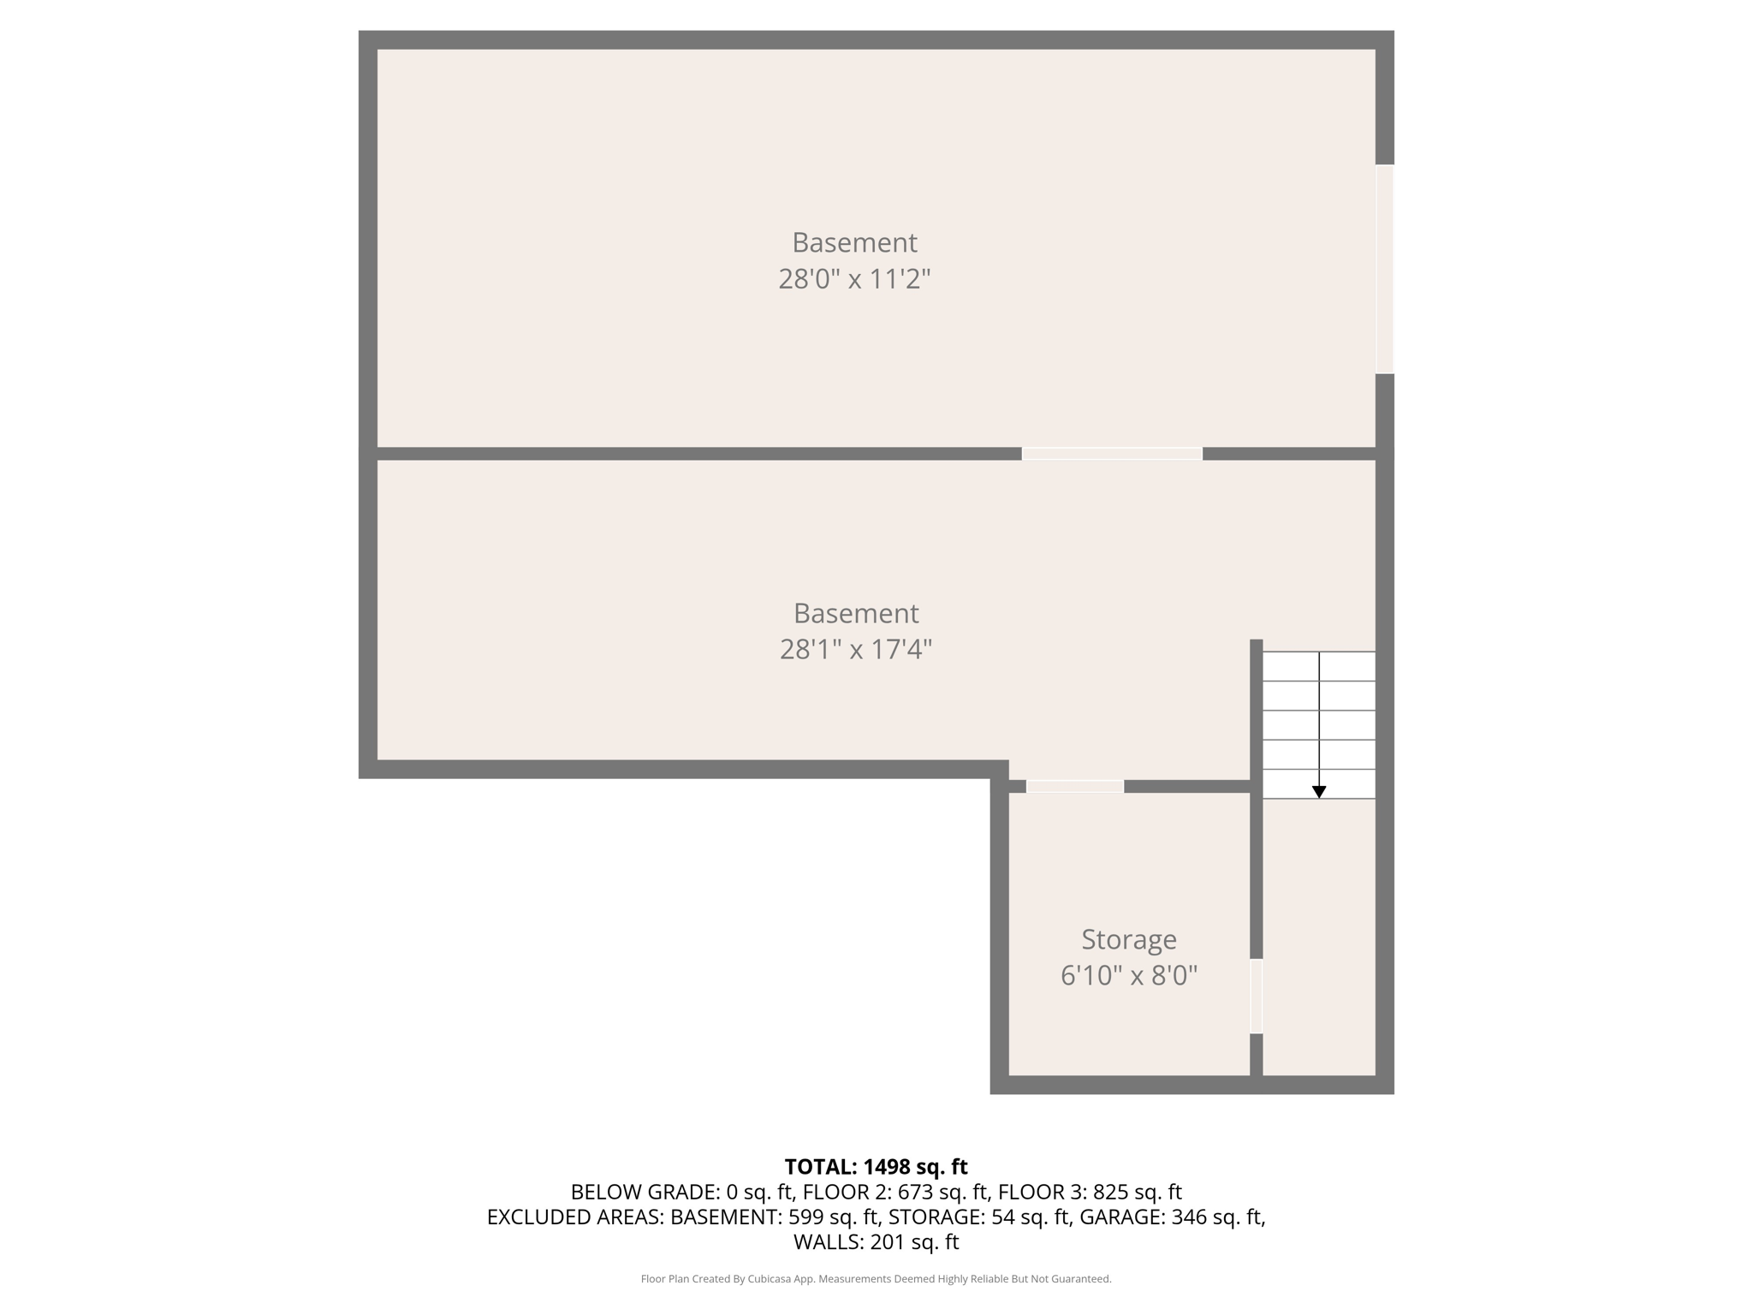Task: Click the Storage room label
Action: (1128, 939)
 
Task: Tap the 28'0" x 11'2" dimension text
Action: (854, 279)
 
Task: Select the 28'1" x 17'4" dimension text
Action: (855, 650)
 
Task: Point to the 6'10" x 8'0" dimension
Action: (1128, 975)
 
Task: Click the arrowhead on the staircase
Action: (1319, 793)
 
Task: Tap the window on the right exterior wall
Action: (1384, 269)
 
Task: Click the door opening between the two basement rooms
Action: (1112, 454)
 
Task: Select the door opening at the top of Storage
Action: (1075, 786)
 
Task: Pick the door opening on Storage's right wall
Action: (1257, 996)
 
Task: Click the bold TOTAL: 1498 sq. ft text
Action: (876, 1167)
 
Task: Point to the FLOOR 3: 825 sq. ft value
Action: (1090, 1192)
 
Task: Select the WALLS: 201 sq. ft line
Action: (876, 1242)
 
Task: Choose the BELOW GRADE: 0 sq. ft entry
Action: (682, 1192)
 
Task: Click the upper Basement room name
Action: (854, 242)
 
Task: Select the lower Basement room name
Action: (856, 613)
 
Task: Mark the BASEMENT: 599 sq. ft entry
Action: (774, 1217)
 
